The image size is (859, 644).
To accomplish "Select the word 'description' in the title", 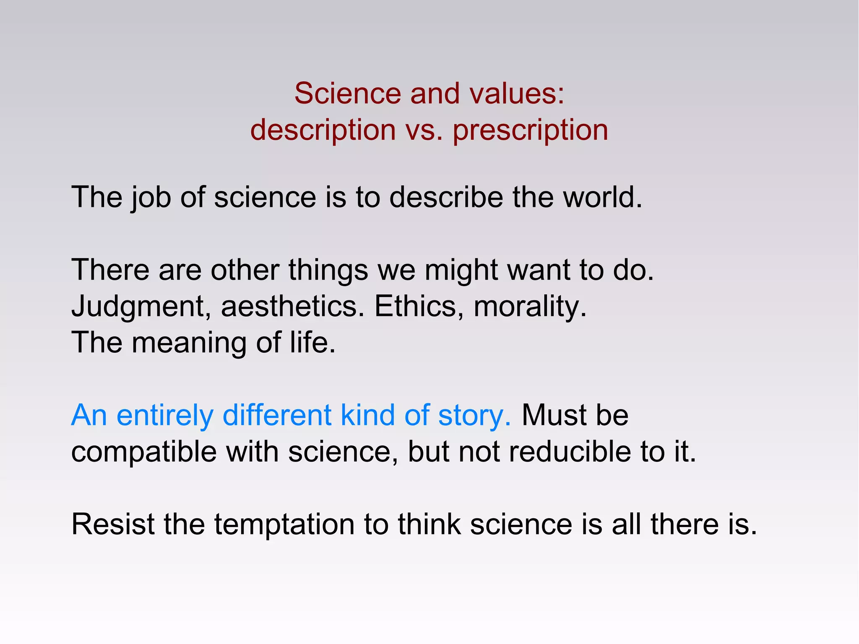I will pyautogui.click(x=323, y=130).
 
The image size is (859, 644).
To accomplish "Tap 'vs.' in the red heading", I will pyautogui.click(x=424, y=130).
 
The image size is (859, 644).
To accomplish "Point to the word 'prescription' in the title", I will pyautogui.click(x=530, y=130).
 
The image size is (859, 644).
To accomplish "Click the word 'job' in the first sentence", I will pyautogui.click(x=151, y=197).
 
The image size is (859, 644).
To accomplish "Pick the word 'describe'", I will pyautogui.click(x=446, y=197).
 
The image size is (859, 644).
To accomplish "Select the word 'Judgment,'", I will pyautogui.click(x=141, y=306).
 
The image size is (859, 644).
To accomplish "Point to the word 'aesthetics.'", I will pyautogui.click(x=293, y=306).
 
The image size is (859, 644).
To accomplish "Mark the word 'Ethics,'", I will pyautogui.click(x=419, y=306).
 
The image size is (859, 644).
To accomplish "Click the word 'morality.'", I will pyautogui.click(x=530, y=306).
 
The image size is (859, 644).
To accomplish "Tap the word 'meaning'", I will pyautogui.click(x=189, y=342).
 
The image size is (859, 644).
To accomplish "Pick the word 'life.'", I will pyautogui.click(x=313, y=342).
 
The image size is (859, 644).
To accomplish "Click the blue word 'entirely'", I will pyautogui.click(x=165, y=415).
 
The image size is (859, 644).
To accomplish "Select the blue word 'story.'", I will pyautogui.click(x=474, y=415).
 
